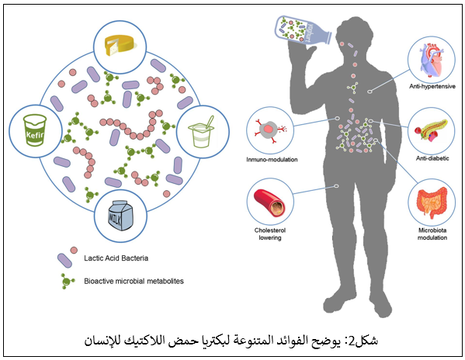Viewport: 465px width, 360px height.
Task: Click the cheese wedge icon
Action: click(120, 45)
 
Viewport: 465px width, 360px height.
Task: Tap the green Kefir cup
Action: click(35, 130)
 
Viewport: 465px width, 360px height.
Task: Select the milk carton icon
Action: click(120, 216)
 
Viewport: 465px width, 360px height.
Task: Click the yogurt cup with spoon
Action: click(201, 132)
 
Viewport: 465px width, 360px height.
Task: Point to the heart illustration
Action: click(431, 61)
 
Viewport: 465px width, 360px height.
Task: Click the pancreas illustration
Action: click(431, 130)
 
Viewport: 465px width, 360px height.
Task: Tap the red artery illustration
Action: click(269, 202)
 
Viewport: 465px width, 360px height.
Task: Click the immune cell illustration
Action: click(270, 130)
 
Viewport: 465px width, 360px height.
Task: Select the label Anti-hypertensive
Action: click(432, 87)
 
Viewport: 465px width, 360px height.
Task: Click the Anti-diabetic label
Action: click(432, 158)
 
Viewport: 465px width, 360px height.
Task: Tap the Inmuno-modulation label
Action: click(272, 159)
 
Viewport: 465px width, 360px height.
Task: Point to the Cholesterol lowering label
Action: click(270, 234)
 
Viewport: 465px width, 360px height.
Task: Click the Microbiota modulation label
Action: click(432, 234)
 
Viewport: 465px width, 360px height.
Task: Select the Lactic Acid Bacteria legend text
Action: click(116, 258)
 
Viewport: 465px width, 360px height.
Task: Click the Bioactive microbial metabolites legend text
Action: click(134, 281)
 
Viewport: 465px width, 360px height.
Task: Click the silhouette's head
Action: click(355, 33)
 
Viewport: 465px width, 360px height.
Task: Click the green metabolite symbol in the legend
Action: click(67, 281)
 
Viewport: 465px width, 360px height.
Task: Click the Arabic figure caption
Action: click(231, 341)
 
